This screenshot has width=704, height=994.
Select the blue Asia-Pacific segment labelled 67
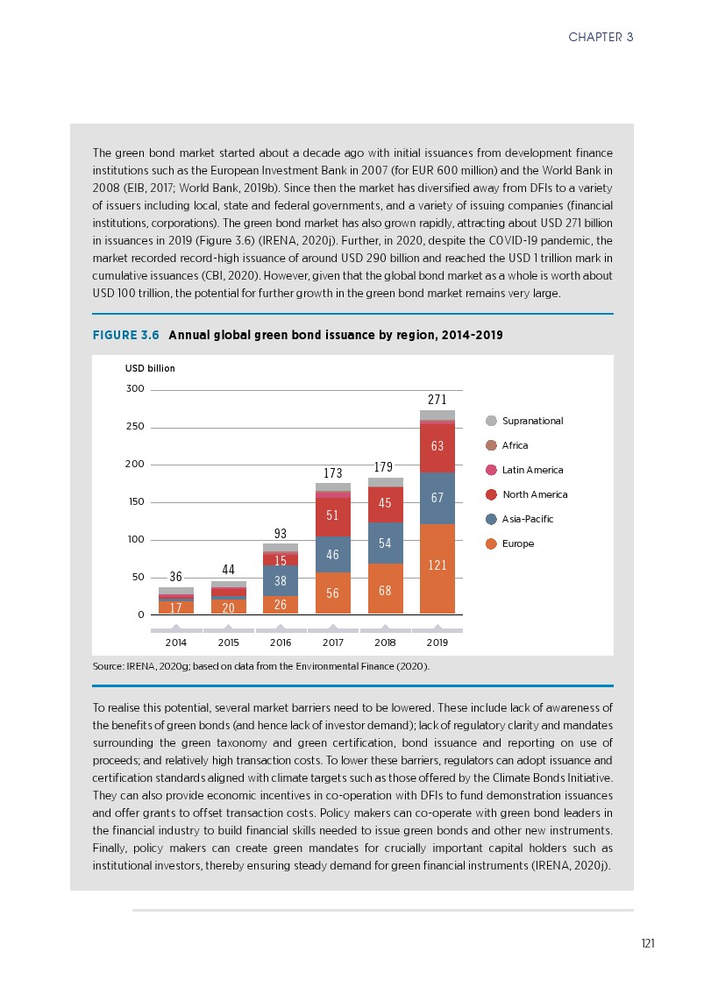pyautogui.click(x=437, y=498)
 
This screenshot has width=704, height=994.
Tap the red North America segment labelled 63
pyautogui.click(x=437, y=447)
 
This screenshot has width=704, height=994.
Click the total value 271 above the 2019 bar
pyautogui.click(x=437, y=400)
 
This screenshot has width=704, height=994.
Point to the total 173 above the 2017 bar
pyautogui.click(x=332, y=473)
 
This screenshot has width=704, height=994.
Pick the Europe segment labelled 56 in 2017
pyautogui.click(x=332, y=593)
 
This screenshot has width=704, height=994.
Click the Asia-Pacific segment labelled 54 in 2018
pyautogui.click(x=385, y=543)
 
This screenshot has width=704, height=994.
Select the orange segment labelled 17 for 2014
pyautogui.click(x=176, y=607)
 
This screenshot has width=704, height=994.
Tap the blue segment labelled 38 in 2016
pyautogui.click(x=280, y=580)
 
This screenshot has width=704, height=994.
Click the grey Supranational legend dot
pyautogui.click(x=491, y=421)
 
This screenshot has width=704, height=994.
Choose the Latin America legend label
pyautogui.click(x=532, y=471)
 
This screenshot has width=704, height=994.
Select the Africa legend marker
pyautogui.click(x=491, y=445)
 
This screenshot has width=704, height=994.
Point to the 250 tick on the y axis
pyautogui.click(x=134, y=427)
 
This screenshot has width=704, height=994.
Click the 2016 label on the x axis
pyautogui.click(x=280, y=643)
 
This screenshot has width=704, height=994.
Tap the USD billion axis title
pyautogui.click(x=150, y=368)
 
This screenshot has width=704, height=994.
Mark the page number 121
pyautogui.click(x=648, y=943)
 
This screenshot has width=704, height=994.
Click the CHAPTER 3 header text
pyautogui.click(x=601, y=37)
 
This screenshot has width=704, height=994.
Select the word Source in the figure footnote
pyautogui.click(x=107, y=667)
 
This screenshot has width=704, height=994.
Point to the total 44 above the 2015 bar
pyautogui.click(x=228, y=571)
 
